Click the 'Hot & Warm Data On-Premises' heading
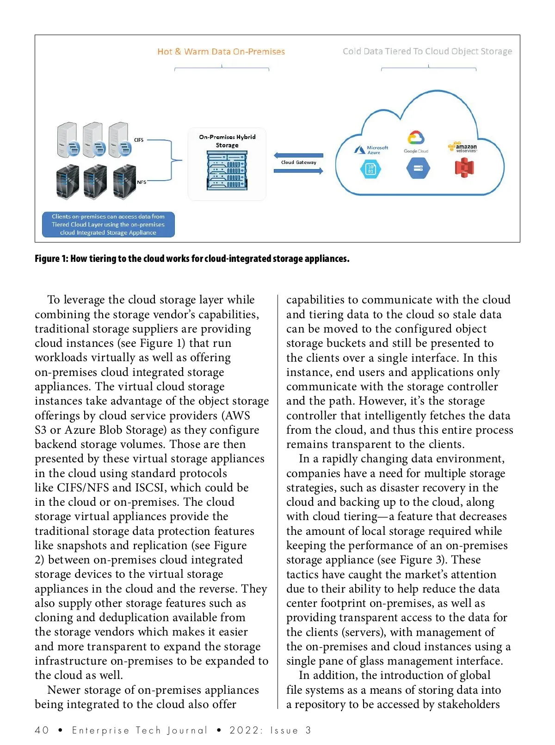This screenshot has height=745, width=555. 221,52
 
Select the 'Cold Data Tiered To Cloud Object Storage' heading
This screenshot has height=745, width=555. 427,51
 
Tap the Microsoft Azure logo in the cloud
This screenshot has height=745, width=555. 371,150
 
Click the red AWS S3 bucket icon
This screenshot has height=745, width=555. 464,168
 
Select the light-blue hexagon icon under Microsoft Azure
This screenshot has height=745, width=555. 370,169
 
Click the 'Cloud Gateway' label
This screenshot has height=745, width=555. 299,163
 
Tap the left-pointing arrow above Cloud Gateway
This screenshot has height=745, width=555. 298,155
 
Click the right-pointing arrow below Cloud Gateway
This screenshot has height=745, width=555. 298,171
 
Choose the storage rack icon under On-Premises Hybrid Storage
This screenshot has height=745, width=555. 227,171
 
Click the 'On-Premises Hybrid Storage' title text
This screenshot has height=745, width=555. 227,141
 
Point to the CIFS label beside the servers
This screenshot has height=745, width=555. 139,140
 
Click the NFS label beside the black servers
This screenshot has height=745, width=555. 142,182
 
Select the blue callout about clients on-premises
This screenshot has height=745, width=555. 108,224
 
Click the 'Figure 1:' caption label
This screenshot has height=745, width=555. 52,259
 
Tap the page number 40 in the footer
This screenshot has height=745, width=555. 42,730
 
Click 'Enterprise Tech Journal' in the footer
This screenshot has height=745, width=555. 140,730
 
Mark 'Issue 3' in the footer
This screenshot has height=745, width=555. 290,730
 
